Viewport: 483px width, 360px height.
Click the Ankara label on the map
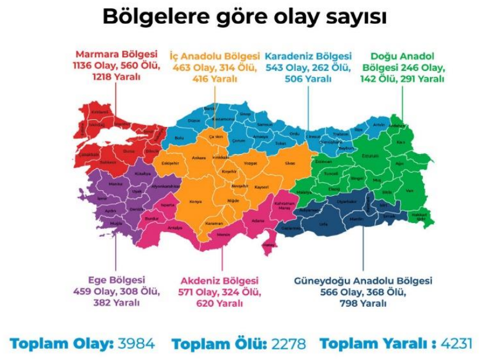199,158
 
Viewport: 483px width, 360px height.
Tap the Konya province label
195,201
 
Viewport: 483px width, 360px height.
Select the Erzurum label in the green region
371,156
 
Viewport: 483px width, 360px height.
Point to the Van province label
409,190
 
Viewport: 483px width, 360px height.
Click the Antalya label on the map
175,228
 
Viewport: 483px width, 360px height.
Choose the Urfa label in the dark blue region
323,224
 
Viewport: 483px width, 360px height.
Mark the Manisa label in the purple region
116,184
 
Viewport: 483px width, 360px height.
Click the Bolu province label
179,138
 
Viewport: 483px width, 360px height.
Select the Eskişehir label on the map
170,163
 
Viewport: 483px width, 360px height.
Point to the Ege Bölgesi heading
116,280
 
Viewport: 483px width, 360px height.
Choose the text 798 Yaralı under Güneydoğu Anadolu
363,303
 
